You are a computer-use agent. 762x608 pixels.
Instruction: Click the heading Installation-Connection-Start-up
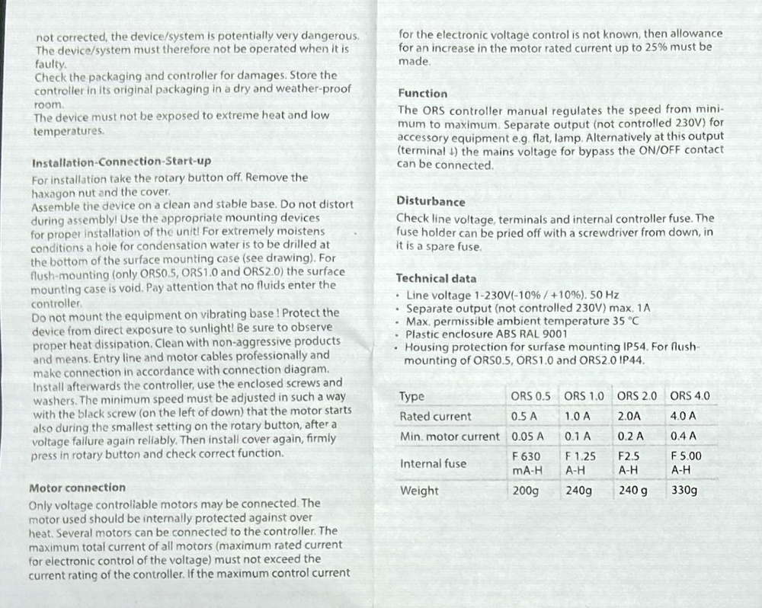click(121, 162)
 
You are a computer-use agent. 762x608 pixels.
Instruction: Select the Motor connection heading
click(76, 488)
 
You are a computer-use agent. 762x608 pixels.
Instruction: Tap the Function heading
click(422, 93)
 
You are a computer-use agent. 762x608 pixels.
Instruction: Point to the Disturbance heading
click(431, 202)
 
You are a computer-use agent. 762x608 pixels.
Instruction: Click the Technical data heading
click(436, 279)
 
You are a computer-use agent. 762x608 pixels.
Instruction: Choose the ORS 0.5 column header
click(530, 396)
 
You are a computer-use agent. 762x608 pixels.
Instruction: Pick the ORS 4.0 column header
click(690, 396)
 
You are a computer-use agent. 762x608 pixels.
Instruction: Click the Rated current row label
click(435, 417)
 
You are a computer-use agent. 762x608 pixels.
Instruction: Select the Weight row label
click(419, 491)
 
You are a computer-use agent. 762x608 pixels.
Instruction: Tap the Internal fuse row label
click(433, 463)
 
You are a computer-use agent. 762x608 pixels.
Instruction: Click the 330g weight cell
click(684, 491)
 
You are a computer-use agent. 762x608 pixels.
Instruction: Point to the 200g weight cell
click(525, 491)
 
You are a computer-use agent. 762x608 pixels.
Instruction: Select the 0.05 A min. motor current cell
click(527, 437)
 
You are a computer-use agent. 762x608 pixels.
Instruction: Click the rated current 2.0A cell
click(629, 417)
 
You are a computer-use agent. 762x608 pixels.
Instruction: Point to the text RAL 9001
click(543, 334)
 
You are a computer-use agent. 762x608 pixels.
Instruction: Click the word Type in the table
click(411, 396)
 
